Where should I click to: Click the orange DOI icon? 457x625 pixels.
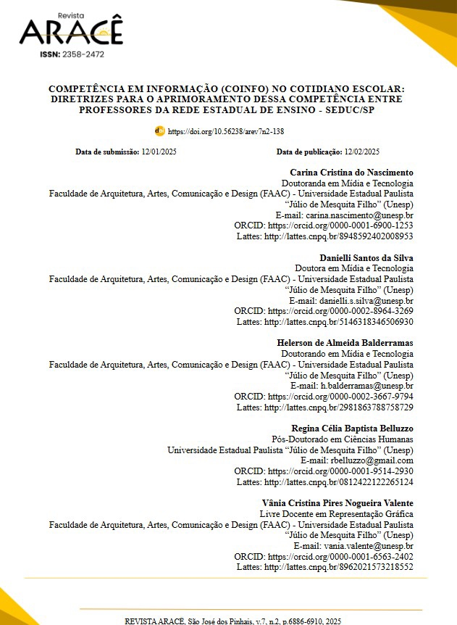click(x=160, y=131)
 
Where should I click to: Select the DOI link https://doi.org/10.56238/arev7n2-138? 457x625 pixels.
click(x=226, y=132)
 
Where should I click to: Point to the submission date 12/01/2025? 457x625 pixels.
click(x=159, y=152)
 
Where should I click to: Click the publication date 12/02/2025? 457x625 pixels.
click(x=362, y=152)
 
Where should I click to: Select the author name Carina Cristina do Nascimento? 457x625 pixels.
click(x=351, y=173)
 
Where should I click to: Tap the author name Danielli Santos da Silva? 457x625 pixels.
click(x=366, y=257)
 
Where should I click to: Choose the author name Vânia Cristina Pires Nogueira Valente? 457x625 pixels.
click(x=337, y=502)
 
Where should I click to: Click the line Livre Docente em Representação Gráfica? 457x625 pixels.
click(x=336, y=513)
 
